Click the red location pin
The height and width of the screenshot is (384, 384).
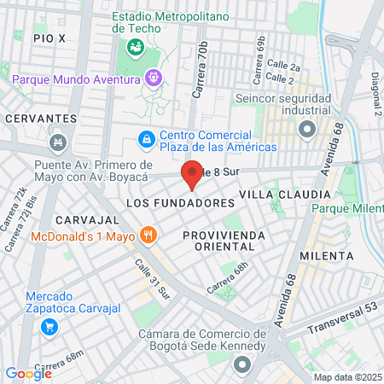tap(193, 174)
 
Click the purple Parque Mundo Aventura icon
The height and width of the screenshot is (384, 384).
tap(153, 78)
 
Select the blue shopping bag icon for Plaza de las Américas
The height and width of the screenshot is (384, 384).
tap(147, 138)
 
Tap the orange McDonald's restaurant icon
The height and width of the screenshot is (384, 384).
tap(148, 235)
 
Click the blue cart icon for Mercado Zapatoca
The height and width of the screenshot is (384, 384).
tap(49, 326)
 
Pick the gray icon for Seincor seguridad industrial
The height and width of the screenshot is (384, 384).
tap(306, 130)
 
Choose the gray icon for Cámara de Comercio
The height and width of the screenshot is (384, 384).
tap(242, 365)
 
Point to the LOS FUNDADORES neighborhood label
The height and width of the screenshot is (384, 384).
tap(180, 204)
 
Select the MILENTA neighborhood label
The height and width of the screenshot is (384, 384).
tap(326, 255)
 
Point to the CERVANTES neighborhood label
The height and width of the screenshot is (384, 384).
tap(35, 118)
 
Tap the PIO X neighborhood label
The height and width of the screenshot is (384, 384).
tap(49, 38)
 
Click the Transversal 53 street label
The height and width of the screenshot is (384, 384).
tap(346, 312)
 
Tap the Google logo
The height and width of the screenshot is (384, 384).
tap(28, 373)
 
